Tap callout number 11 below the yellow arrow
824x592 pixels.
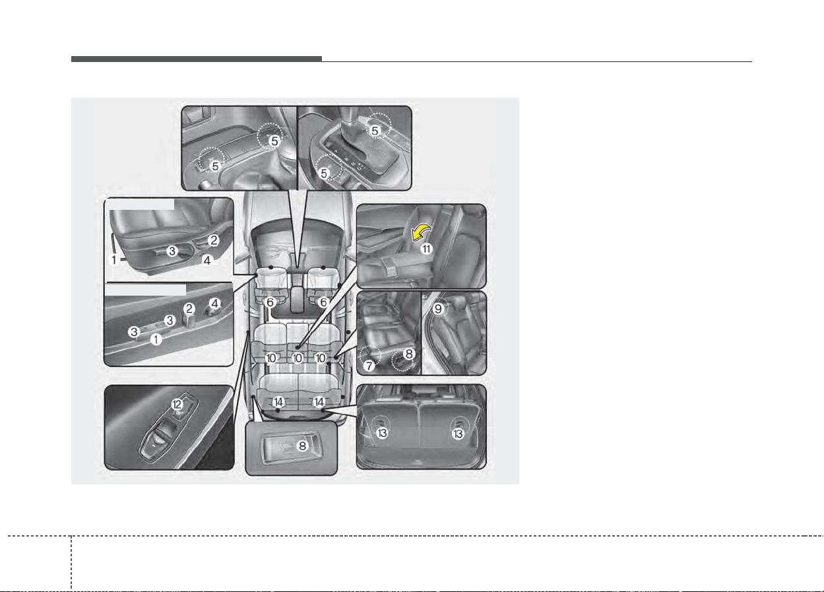(426, 249)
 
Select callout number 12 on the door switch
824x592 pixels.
(177, 405)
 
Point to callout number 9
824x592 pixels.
(438, 309)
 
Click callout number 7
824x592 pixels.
(369, 366)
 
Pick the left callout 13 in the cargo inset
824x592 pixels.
(382, 433)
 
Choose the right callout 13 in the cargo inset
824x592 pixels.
(458, 434)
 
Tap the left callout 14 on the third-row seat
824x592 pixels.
(278, 402)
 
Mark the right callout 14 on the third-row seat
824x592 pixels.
(319, 402)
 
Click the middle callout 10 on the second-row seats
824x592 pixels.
(298, 358)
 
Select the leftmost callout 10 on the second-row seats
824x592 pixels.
(270, 358)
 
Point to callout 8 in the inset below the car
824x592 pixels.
(302, 446)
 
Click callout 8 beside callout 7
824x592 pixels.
(409, 354)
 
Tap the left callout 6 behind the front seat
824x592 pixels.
(270, 302)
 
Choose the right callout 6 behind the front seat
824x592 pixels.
(323, 302)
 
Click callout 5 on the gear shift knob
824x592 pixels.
(375, 131)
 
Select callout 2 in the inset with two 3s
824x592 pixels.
(189, 309)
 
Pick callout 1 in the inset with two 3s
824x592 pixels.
(156, 339)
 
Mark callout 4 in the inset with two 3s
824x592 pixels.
(215, 304)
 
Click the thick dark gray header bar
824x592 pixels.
(197, 59)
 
